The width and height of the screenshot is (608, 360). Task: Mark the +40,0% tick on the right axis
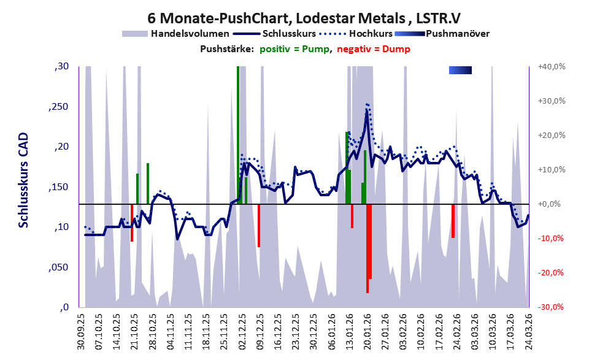[x=552, y=66]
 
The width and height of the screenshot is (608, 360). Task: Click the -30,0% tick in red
[x=552, y=307]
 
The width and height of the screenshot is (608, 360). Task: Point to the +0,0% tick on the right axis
[x=552, y=204]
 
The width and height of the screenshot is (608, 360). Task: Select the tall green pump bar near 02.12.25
[x=238, y=135]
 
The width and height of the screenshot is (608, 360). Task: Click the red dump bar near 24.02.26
[x=453, y=221]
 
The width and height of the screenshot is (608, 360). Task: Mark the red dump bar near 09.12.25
[x=259, y=225]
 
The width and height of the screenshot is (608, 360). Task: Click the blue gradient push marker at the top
[x=460, y=71]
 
